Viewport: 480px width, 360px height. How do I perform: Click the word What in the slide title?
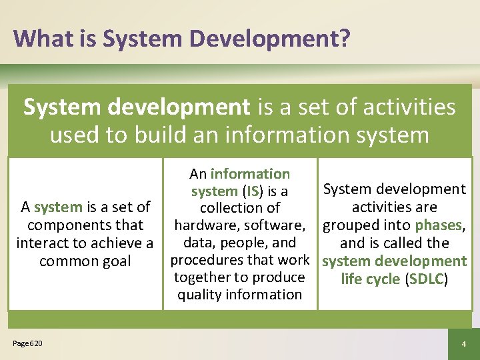pyautogui.click(x=42, y=38)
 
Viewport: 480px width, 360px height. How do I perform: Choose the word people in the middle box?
pyautogui.click(x=245, y=243)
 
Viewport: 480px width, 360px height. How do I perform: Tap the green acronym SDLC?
pyautogui.click(x=425, y=279)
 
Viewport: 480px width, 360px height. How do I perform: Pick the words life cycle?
pyautogui.click(x=370, y=279)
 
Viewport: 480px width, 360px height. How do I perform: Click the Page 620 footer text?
pyautogui.click(x=27, y=343)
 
